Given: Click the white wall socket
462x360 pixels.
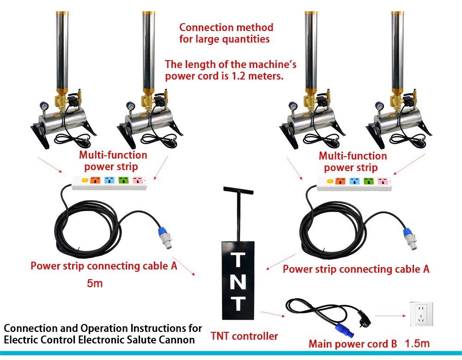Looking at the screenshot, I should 422,314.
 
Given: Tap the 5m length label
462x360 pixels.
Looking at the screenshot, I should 95,283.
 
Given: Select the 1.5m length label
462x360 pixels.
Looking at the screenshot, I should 417,343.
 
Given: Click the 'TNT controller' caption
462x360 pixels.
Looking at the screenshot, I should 244,336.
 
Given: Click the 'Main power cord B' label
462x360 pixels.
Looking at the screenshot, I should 353,344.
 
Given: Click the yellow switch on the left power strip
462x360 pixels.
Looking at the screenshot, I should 85,180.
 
